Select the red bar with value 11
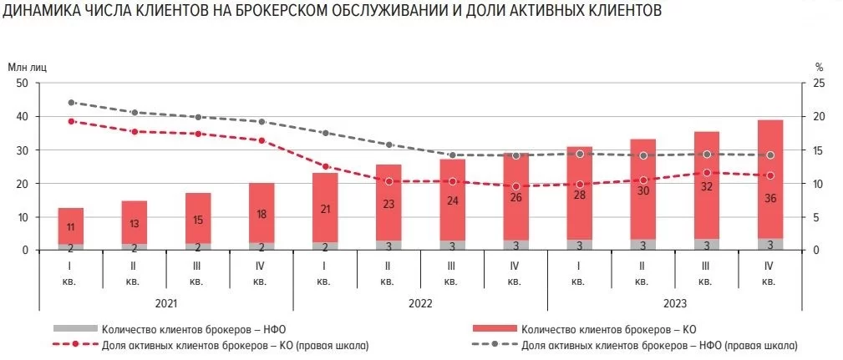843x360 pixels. pos(71,226)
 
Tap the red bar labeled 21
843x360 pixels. pos(325,208)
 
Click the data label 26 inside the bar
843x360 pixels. pos(516,197)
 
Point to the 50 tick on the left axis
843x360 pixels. pos(23,83)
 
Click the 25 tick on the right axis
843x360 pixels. pos(820,83)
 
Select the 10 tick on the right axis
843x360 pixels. pos(820,184)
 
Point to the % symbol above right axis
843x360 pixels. pos(820,66)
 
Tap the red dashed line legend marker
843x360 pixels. pos(75,344)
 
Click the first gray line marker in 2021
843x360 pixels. pos(71,103)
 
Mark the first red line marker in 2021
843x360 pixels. pos(71,121)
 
